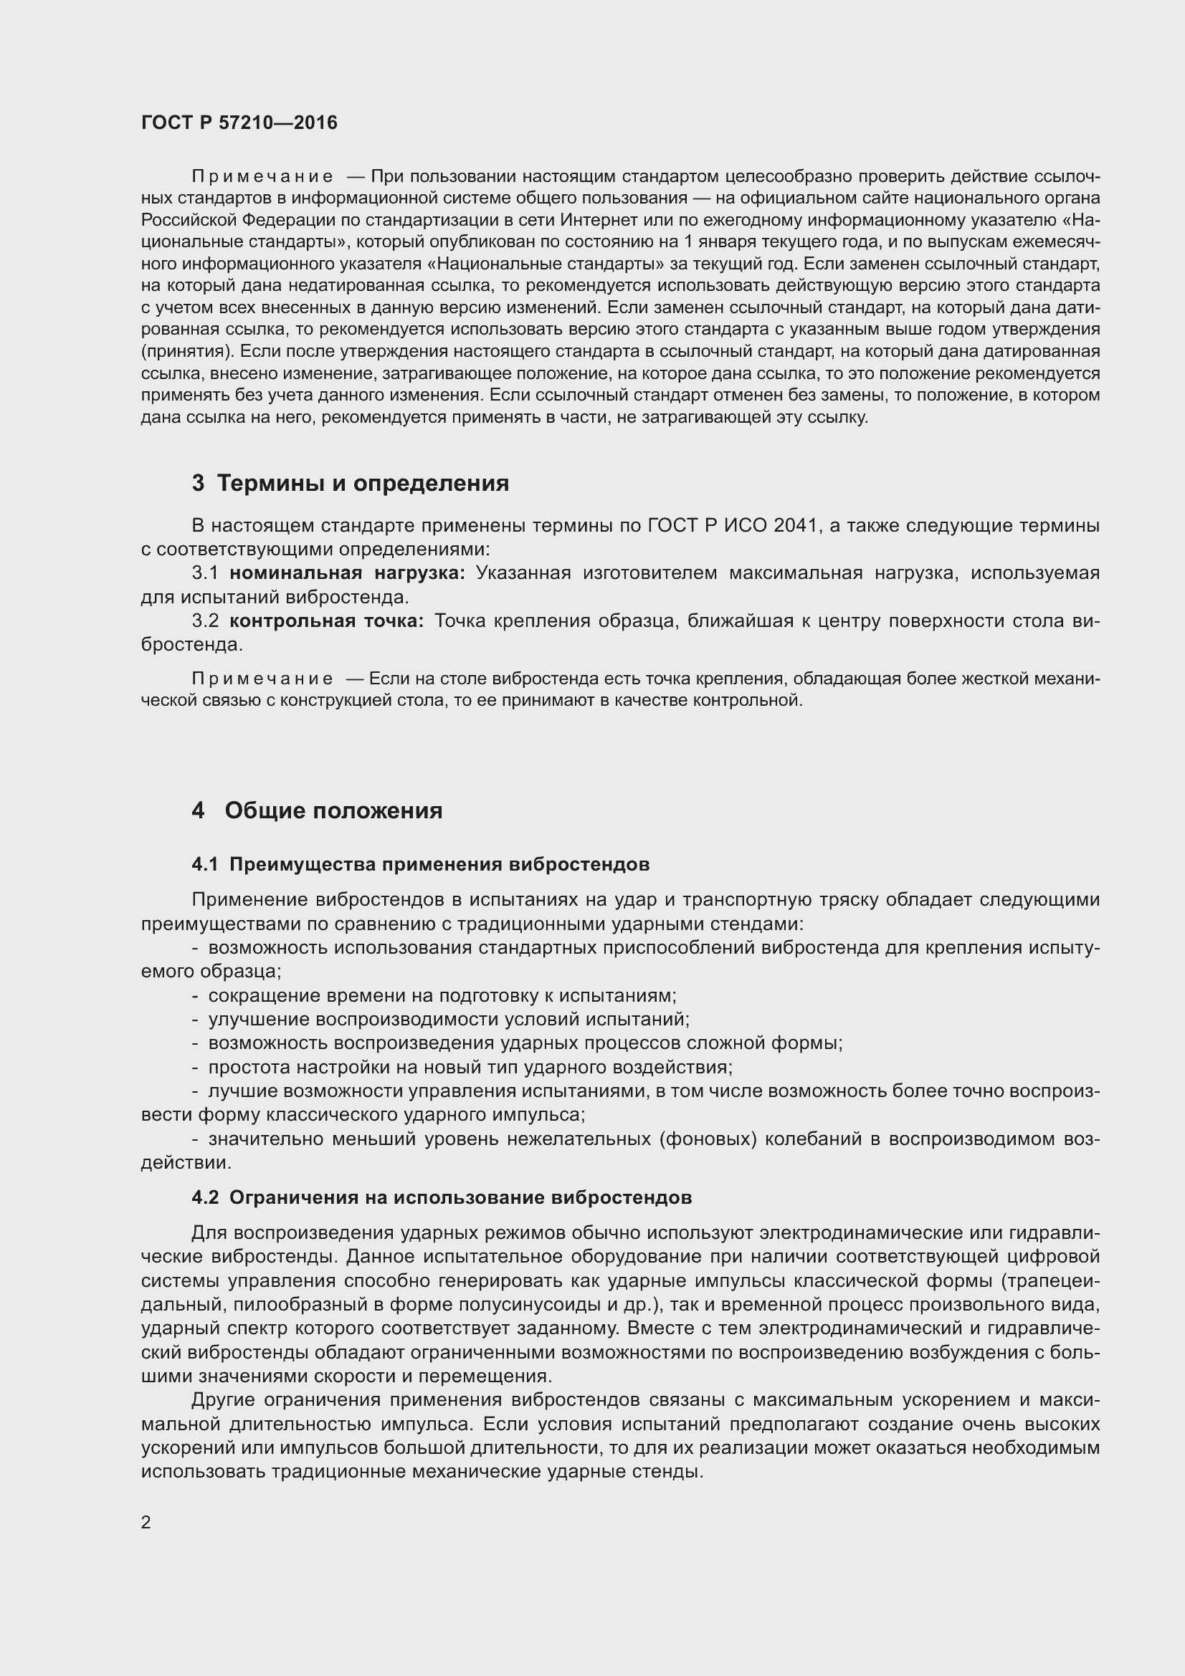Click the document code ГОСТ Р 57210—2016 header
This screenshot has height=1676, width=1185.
(239, 123)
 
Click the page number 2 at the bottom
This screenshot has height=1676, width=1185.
(146, 1522)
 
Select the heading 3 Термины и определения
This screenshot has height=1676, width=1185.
(351, 483)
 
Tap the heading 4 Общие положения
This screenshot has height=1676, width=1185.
(317, 810)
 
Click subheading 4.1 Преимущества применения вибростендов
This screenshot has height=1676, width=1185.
(421, 864)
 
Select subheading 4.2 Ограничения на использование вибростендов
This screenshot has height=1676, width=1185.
(442, 1197)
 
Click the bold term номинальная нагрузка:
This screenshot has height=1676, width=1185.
(347, 573)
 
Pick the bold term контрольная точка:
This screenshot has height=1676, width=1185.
(326, 621)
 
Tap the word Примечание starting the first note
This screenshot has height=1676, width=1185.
(262, 177)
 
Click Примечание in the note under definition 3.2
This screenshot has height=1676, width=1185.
(262, 679)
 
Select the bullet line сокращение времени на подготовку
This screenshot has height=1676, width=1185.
(442, 996)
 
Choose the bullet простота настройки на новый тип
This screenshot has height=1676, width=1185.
(470, 1067)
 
